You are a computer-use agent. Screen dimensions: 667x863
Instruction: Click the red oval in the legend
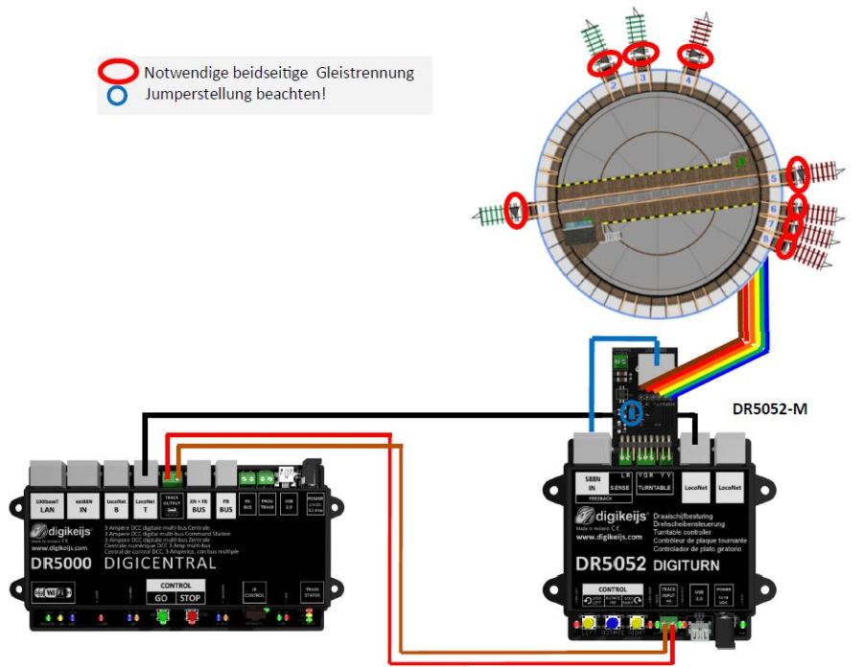(119, 71)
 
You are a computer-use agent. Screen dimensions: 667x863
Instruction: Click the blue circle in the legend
(117, 95)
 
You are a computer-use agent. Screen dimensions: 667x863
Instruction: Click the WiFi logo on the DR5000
(55, 591)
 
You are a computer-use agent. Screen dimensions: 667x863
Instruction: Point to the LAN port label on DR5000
(48, 505)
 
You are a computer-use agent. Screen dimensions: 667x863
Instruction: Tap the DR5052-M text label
(770, 409)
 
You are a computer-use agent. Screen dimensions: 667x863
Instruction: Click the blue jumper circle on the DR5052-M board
(631, 412)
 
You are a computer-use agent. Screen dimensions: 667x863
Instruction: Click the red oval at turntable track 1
(516, 210)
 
